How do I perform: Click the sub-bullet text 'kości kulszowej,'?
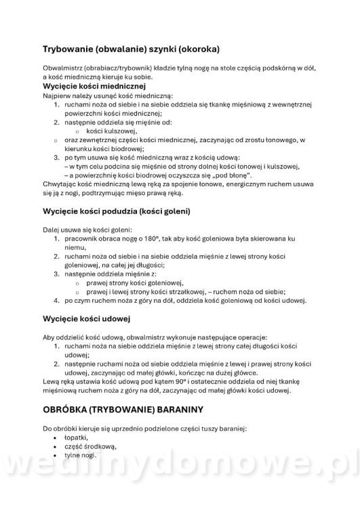(x=112, y=131)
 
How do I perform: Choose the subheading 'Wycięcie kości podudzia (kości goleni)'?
(x=116, y=211)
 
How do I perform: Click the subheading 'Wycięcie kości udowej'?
(x=86, y=318)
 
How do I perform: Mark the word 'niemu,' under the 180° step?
(x=76, y=249)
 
